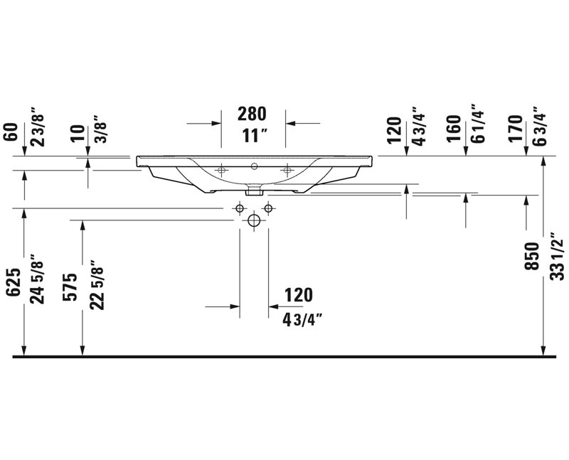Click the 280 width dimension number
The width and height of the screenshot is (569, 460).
(x=252, y=114)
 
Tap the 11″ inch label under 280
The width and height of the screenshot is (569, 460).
(x=255, y=136)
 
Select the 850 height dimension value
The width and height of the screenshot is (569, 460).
(x=532, y=257)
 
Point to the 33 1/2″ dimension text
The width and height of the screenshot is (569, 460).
(x=557, y=256)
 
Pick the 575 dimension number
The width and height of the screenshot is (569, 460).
(x=70, y=287)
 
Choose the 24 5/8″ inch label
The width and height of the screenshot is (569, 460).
(x=37, y=279)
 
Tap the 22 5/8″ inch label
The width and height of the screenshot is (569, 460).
(x=97, y=285)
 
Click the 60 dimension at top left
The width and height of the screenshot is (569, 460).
(x=11, y=132)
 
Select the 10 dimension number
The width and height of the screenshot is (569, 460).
(x=78, y=133)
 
